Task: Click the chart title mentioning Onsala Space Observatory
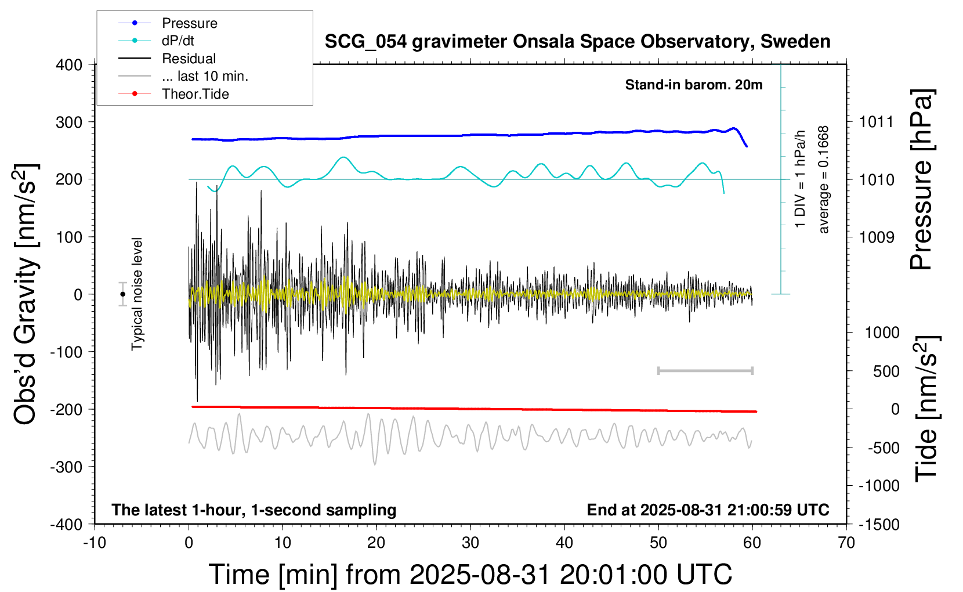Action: coord(577,42)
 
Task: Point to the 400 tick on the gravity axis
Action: coord(69,65)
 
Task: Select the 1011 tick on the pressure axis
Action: coord(877,122)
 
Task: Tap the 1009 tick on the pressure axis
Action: coord(877,237)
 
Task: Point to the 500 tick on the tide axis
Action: coord(886,371)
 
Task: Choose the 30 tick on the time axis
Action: coord(470,543)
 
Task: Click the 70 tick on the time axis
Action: coord(846,543)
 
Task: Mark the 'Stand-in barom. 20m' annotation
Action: coord(693,85)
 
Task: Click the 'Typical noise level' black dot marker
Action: coord(123,294)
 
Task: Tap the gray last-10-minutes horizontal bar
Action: coord(705,371)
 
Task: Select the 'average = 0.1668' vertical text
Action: coord(824,180)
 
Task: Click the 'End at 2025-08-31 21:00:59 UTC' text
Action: coord(708,510)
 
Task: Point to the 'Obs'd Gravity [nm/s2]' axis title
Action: coord(26,294)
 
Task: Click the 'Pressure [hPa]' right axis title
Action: coord(921,180)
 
